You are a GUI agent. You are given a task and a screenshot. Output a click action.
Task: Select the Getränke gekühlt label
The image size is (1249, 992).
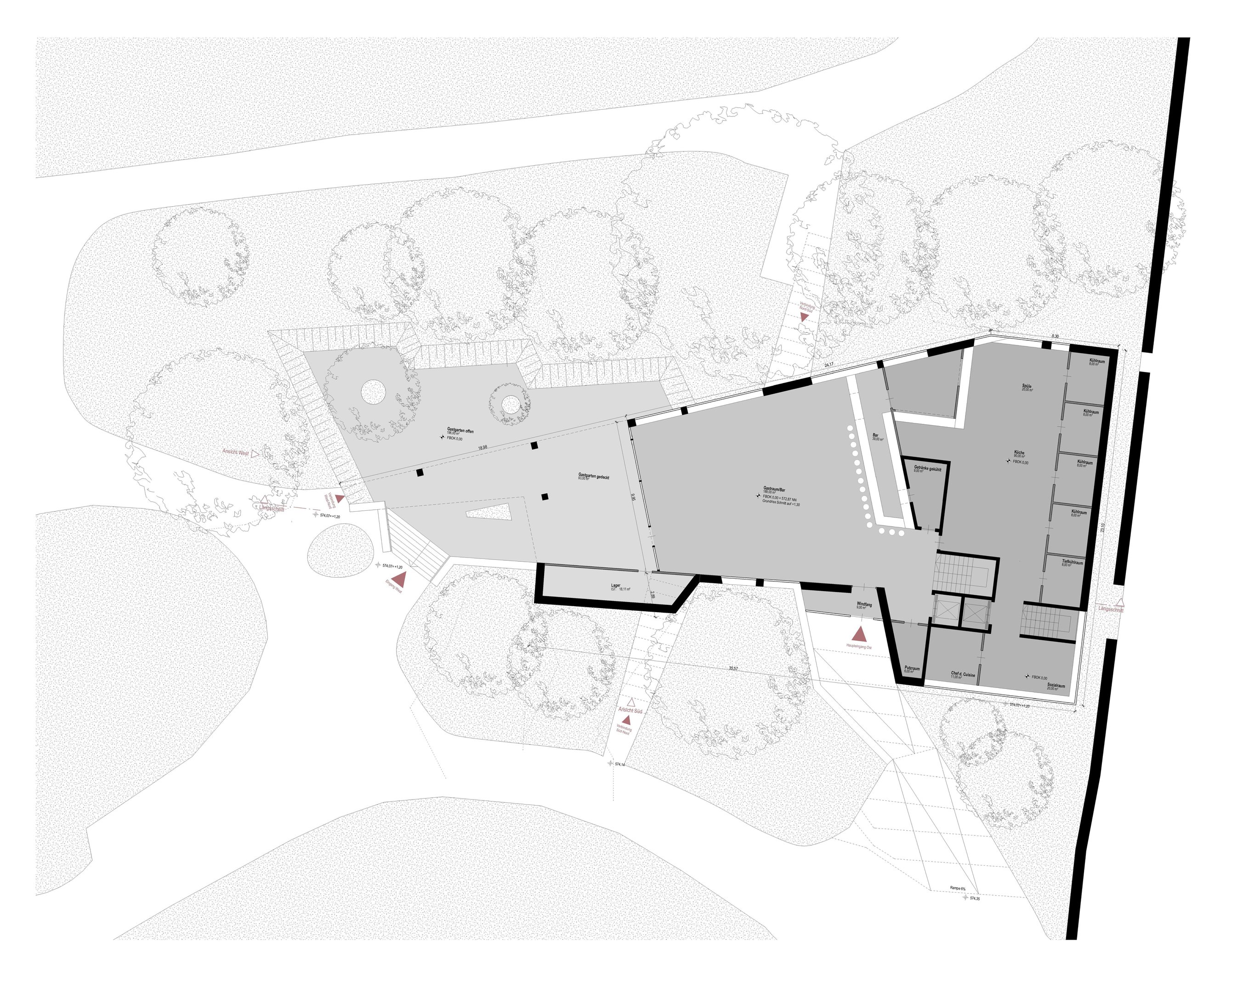(x=927, y=468)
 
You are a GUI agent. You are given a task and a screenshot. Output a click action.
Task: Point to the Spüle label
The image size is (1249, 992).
(x=1027, y=386)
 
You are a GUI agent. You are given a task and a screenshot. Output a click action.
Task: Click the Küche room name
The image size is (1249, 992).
(x=1019, y=453)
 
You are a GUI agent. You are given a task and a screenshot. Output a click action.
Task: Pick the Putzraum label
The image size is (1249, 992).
(x=912, y=668)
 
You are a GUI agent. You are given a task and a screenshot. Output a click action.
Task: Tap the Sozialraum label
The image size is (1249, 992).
(x=1056, y=686)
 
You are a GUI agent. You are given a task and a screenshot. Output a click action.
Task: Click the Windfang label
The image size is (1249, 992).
(x=864, y=603)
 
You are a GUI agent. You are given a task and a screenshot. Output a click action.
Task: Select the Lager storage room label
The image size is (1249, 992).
(x=616, y=586)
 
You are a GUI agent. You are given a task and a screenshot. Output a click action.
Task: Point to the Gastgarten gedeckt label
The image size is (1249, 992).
(x=593, y=475)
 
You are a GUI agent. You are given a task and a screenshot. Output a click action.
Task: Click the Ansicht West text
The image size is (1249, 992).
(x=236, y=452)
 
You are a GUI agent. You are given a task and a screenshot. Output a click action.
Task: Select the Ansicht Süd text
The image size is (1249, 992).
(x=630, y=710)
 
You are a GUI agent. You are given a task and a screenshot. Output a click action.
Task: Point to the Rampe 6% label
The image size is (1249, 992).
(x=957, y=888)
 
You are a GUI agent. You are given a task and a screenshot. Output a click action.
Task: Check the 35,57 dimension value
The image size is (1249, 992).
(x=733, y=668)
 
